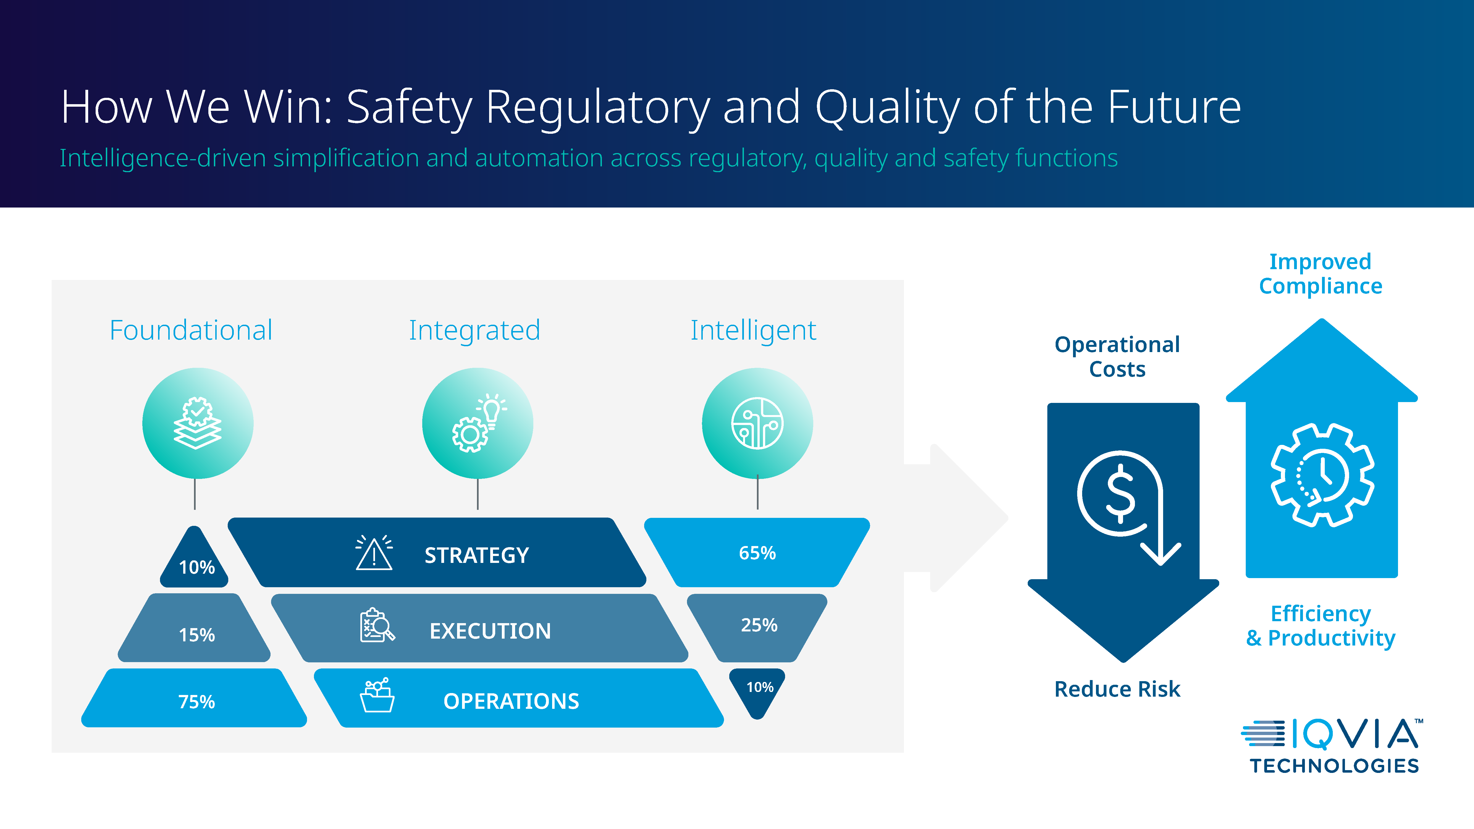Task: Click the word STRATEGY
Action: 477,555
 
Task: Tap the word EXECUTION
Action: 491,631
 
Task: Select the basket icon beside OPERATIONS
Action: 377,695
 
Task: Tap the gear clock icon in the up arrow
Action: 1322,475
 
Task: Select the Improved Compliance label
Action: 1321,274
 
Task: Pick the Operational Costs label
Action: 1117,356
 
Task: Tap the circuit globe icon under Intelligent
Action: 757,423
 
